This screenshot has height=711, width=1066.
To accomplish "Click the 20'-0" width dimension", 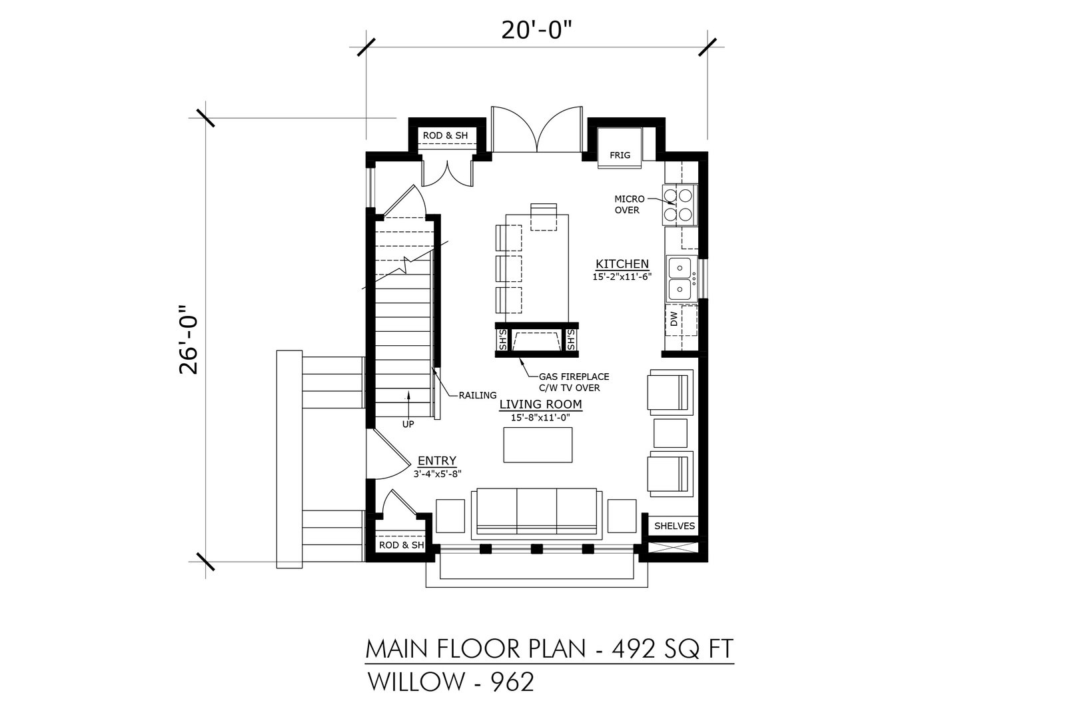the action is click(x=536, y=31).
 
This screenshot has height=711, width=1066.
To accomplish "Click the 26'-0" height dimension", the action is click(x=189, y=340).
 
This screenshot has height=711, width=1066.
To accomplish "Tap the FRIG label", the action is click(x=620, y=155).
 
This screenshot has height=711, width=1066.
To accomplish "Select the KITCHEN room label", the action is click(x=622, y=264).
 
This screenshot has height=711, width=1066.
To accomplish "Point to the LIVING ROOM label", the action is click(x=540, y=404).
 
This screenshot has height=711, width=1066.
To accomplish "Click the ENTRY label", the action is click(x=437, y=460).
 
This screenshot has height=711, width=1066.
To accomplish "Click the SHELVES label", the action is click(x=674, y=526).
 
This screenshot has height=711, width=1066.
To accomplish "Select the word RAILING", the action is click(x=477, y=395).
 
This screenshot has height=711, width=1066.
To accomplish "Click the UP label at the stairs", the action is click(x=408, y=424).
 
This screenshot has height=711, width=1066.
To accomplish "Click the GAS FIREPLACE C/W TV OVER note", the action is click(x=574, y=382).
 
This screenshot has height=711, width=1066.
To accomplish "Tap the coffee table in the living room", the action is click(x=538, y=445).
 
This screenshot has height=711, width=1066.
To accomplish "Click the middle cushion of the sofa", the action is click(x=536, y=513).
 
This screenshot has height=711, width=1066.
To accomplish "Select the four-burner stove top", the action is click(x=680, y=205).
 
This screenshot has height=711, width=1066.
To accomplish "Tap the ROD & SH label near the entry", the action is click(x=401, y=545).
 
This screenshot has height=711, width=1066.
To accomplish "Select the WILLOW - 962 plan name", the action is click(x=450, y=682).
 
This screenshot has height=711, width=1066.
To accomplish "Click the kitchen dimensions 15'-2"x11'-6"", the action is click(x=622, y=277).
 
